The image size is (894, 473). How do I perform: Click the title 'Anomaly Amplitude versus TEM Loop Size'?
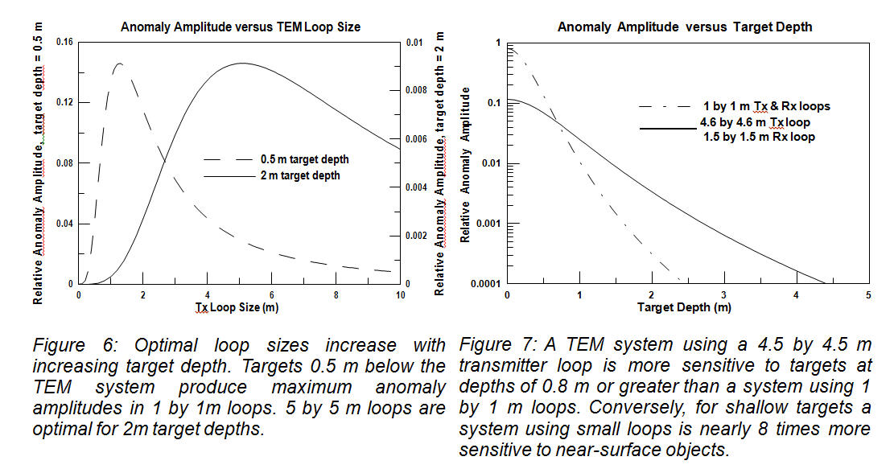click(x=241, y=27)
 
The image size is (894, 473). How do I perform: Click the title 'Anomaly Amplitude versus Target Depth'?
click(x=685, y=27)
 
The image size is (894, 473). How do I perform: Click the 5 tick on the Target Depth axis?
click(x=867, y=295)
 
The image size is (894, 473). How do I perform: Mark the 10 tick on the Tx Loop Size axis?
click(x=400, y=295)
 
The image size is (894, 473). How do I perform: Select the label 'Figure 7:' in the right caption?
click(x=493, y=346)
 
